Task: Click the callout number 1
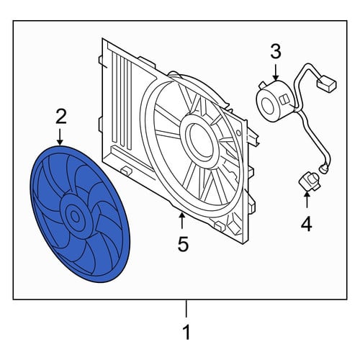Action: click(186, 332)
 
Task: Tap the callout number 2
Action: click(61, 117)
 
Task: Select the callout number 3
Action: click(276, 51)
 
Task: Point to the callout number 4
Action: click(307, 224)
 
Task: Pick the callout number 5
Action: click(183, 243)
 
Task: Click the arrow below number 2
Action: click(60, 137)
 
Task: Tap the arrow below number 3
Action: click(276, 72)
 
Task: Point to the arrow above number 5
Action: click(182, 220)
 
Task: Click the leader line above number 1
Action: click(186, 309)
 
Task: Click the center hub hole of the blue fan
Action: click(75, 217)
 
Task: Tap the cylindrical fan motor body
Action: click(276, 100)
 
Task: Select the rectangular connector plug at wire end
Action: click(327, 84)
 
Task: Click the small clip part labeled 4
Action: click(310, 182)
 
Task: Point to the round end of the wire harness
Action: click(323, 168)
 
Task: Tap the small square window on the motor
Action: click(284, 99)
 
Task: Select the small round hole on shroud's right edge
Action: click(238, 132)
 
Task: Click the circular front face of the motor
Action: click(267, 104)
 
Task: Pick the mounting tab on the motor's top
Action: click(263, 85)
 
